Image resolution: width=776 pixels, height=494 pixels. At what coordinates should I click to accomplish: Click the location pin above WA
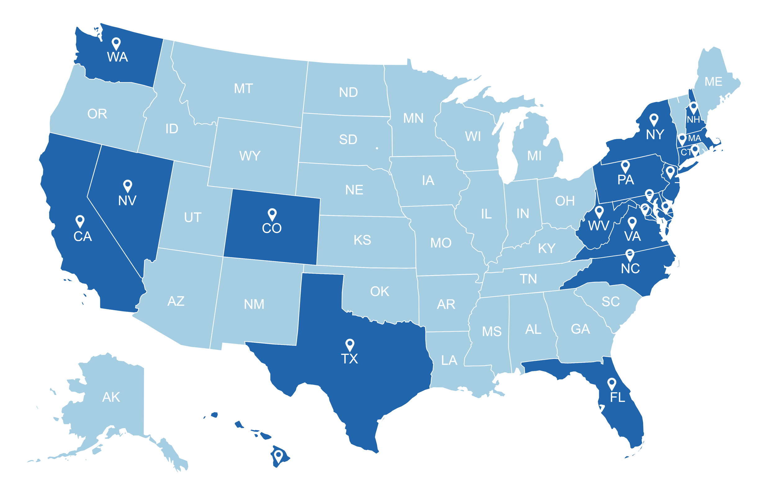(x=116, y=43)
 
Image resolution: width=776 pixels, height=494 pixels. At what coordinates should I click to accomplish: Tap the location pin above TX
(x=350, y=344)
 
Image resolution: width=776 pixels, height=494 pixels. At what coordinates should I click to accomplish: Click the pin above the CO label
(x=272, y=214)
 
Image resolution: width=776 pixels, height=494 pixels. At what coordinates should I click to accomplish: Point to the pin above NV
(x=128, y=186)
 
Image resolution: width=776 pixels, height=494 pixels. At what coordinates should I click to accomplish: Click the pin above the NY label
(x=653, y=119)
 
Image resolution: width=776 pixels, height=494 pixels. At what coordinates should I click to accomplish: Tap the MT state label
(x=243, y=89)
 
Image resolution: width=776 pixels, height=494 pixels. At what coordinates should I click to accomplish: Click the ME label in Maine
(x=713, y=82)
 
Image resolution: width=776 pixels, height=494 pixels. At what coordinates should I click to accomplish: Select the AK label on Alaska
(x=111, y=397)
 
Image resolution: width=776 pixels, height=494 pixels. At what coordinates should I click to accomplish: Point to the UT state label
(x=193, y=218)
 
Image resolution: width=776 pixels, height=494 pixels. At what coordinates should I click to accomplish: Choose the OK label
(x=380, y=292)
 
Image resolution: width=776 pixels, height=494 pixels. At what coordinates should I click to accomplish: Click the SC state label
(x=611, y=302)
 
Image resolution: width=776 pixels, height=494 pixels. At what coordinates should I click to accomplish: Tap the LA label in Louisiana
(x=449, y=360)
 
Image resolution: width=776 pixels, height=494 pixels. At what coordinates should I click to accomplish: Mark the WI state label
(x=473, y=137)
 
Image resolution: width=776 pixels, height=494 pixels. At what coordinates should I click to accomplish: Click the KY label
(x=547, y=249)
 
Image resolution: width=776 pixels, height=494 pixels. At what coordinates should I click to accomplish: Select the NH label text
(x=693, y=120)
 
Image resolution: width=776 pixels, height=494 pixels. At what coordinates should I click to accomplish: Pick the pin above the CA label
(x=80, y=221)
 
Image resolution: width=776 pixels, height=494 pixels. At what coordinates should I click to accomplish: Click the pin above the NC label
(x=630, y=255)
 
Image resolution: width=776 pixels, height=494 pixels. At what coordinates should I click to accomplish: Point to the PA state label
(x=625, y=180)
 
